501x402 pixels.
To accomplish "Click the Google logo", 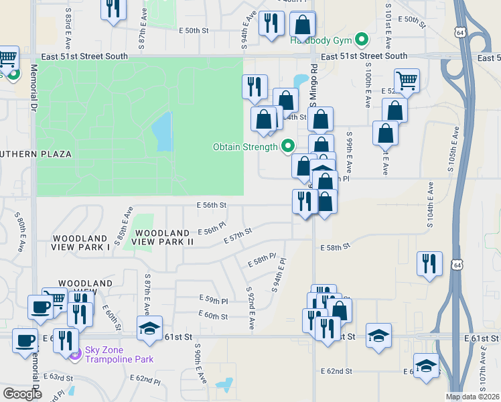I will [22, 393].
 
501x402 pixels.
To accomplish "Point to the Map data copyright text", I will [473, 397].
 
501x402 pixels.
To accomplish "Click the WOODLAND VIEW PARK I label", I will [80, 243].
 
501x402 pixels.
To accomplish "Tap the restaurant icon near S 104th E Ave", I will [429, 263].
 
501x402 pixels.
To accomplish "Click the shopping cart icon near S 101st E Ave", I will [407, 80].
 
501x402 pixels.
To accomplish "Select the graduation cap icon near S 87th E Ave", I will [149, 328].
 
